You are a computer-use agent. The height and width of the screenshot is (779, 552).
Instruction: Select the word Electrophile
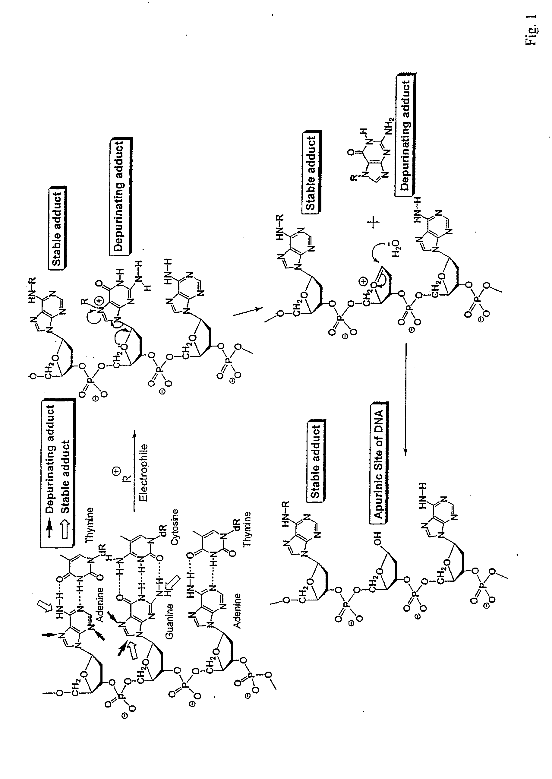click(x=144, y=473)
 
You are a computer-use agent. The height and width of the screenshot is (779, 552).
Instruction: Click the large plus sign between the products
click(x=374, y=223)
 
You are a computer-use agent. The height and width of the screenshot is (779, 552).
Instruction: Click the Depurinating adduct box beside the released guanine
click(x=405, y=134)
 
